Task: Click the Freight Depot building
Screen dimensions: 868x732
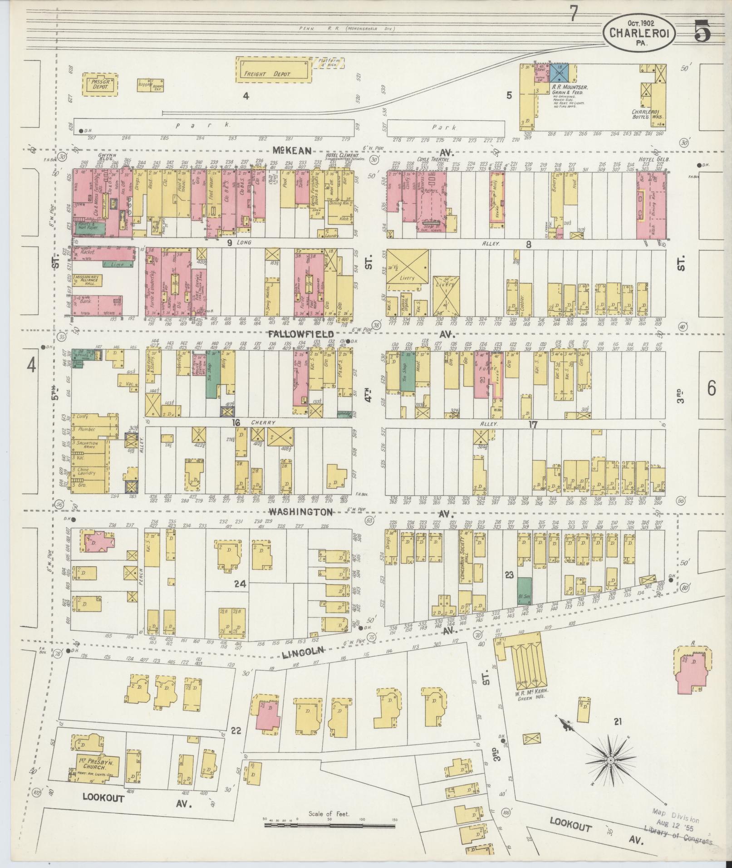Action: [x=275, y=70]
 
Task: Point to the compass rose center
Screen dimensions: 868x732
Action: [x=610, y=760]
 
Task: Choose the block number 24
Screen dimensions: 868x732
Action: [x=239, y=584]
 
